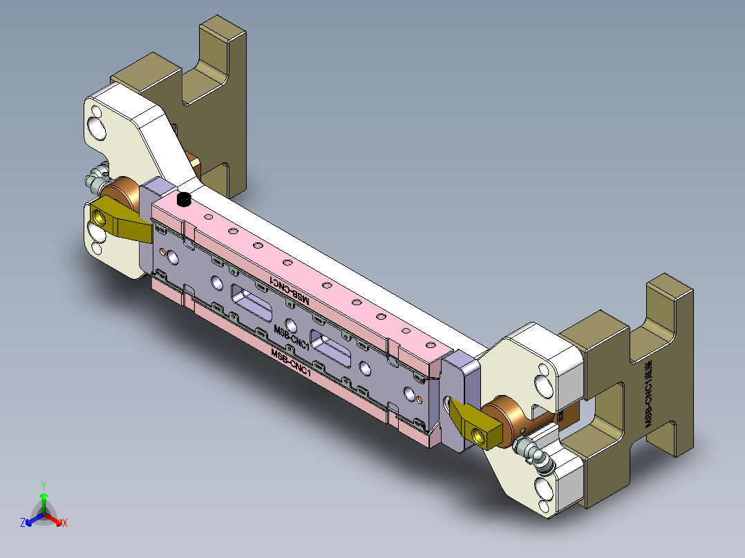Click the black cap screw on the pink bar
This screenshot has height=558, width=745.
click(x=184, y=200)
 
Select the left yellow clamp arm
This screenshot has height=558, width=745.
click(x=121, y=220)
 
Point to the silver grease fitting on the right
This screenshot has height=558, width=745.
click(x=536, y=456)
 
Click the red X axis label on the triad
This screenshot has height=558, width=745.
click(x=65, y=523)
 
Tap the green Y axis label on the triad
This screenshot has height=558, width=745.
click(x=44, y=485)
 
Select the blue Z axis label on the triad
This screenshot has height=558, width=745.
click(x=23, y=523)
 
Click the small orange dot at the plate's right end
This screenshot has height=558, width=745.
click(x=420, y=399)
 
